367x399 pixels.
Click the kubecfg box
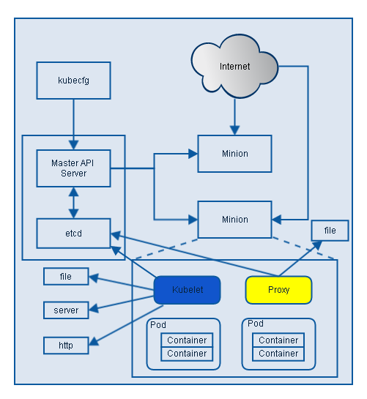click(73, 81)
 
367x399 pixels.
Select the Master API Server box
click(73, 168)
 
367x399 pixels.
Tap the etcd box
click(73, 233)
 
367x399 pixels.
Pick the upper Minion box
click(234, 154)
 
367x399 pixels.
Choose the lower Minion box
click(234, 219)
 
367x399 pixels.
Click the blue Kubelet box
click(187, 290)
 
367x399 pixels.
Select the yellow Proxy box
click(278, 290)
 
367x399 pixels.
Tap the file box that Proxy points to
click(330, 231)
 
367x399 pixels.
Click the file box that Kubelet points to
click(66, 277)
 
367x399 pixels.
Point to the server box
click(66, 310)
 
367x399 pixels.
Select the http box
click(66, 343)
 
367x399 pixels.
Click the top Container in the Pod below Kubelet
click(187, 340)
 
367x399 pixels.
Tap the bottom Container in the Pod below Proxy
click(278, 354)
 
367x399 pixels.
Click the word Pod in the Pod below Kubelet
click(157, 324)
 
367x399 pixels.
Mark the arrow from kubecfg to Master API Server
click(73, 124)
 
